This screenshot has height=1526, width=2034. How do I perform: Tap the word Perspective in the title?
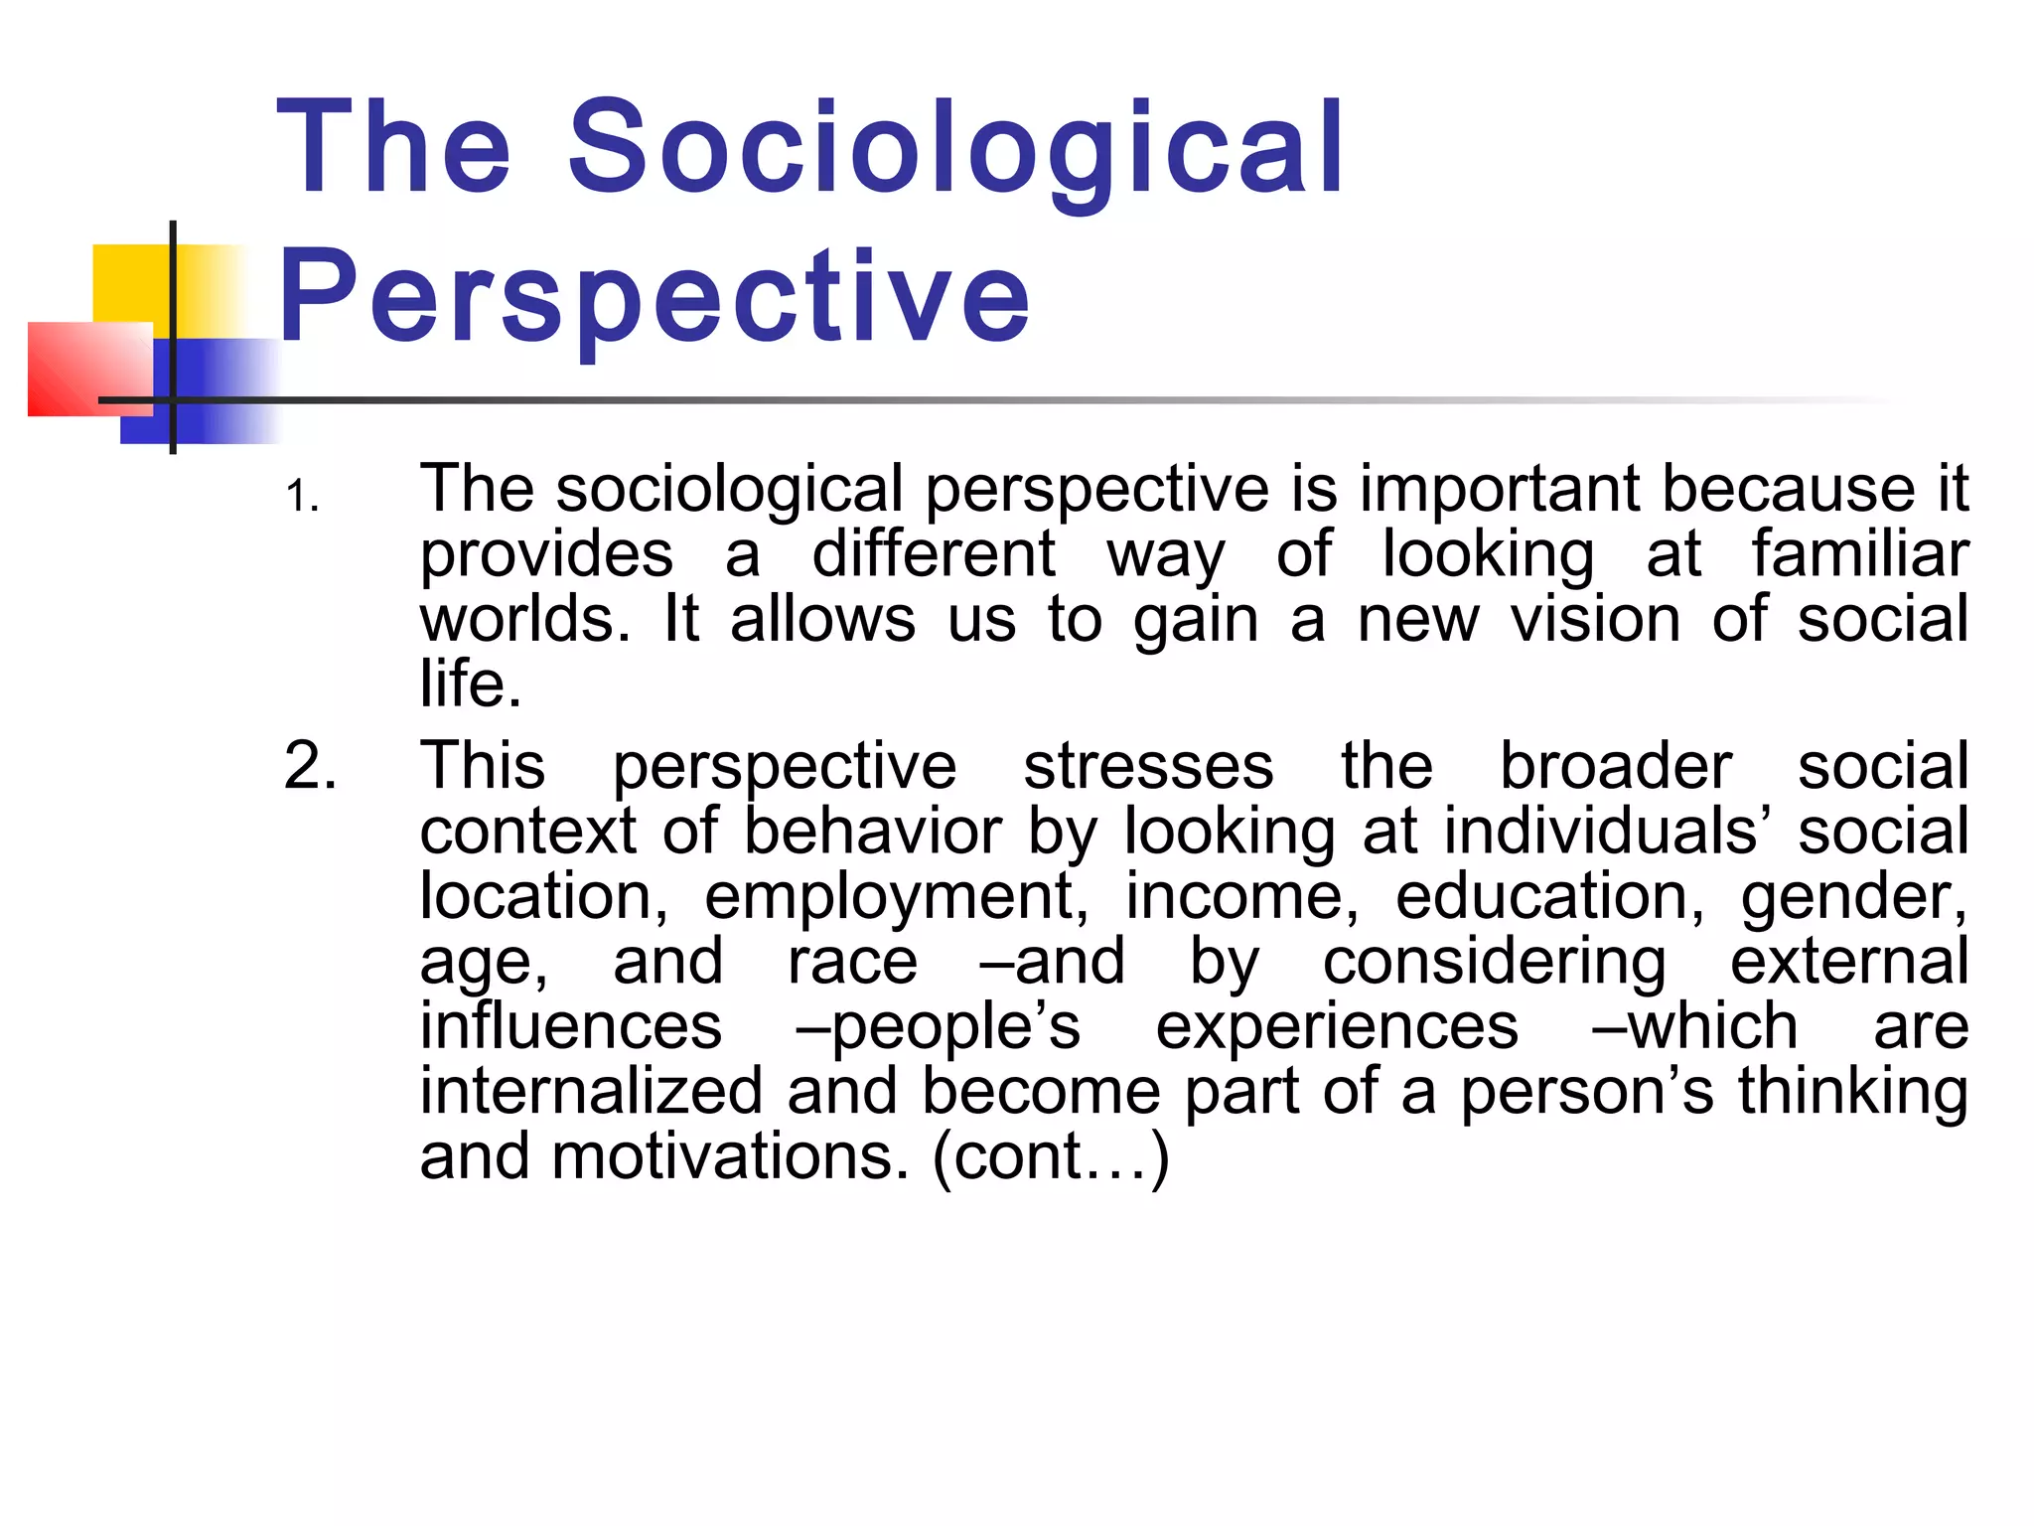655,296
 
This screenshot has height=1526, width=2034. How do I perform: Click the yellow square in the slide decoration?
134,283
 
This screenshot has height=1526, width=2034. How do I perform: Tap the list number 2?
310,767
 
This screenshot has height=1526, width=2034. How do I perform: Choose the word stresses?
1148,767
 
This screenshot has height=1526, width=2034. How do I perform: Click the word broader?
1616,767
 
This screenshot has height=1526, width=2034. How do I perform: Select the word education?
1549,897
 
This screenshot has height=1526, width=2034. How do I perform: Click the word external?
1849,962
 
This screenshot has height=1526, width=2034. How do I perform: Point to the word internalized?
591,1092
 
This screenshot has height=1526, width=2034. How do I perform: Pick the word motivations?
730,1157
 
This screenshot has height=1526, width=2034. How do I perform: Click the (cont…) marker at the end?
1051,1158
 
